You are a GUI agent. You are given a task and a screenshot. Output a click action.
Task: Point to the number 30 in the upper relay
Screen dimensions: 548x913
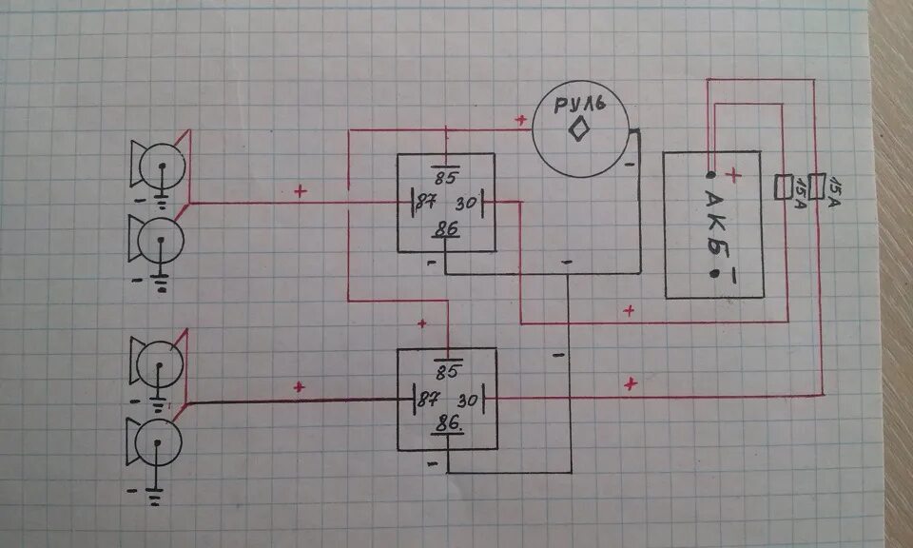coord(466,204)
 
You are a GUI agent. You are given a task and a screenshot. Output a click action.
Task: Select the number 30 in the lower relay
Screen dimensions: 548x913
coord(467,400)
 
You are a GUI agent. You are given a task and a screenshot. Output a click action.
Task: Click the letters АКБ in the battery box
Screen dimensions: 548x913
coord(713,225)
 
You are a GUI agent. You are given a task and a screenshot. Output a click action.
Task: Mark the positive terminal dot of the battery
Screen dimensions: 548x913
coord(712,176)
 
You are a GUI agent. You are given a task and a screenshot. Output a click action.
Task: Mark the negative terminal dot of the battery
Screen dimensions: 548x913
coord(713,274)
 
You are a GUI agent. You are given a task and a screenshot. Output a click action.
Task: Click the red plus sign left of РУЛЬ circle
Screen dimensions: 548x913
coord(520,120)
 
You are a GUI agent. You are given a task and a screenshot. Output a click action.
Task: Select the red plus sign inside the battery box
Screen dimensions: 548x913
coord(733,175)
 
